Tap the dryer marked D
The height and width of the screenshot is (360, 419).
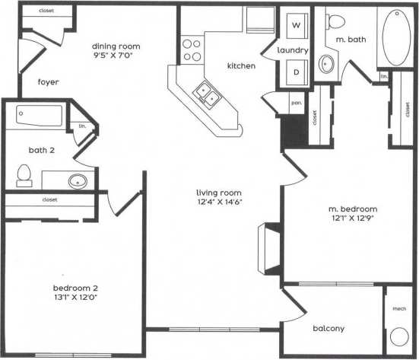(297, 73)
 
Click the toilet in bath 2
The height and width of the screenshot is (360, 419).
(23, 177)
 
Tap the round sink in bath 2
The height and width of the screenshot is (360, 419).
(77, 181)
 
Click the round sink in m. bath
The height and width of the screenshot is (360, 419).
(329, 63)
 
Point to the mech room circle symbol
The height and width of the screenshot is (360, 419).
(398, 338)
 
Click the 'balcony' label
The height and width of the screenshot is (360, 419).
(329, 329)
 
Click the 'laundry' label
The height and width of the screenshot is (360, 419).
(294, 50)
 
